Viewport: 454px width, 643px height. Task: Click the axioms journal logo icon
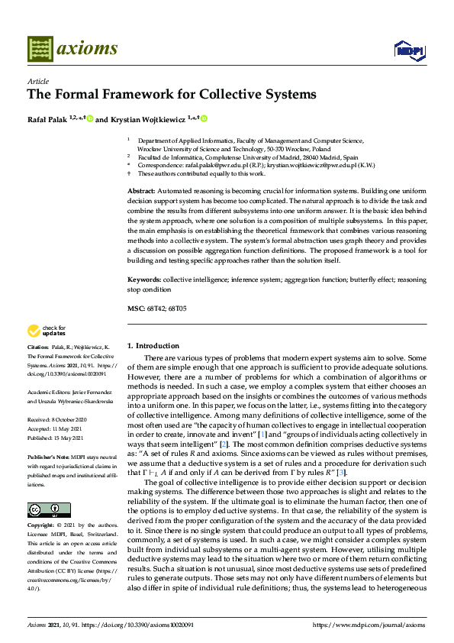point(39,49)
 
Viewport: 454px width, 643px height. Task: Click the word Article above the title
point(37,80)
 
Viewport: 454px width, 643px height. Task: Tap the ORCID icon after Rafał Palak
point(90,118)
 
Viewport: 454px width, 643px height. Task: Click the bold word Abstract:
point(141,189)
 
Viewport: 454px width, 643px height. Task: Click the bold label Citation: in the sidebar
point(38,347)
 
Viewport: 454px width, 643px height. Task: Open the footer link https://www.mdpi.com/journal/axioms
point(369,625)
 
